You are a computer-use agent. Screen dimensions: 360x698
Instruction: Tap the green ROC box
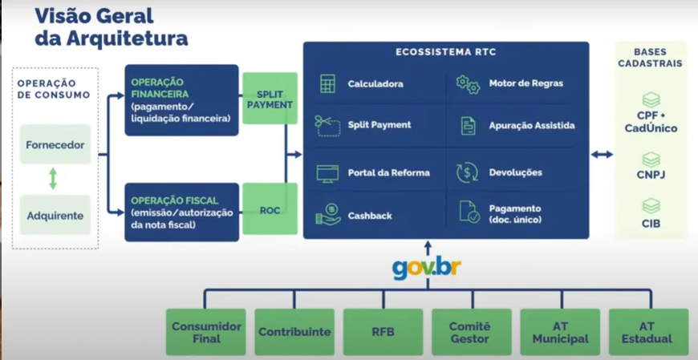tap(270, 211)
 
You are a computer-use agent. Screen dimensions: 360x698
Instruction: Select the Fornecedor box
tap(55, 145)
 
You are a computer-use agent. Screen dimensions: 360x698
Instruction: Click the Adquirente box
tap(55, 216)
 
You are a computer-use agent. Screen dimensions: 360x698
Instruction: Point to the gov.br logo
tap(427, 269)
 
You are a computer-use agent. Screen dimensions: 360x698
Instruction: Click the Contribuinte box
tap(294, 332)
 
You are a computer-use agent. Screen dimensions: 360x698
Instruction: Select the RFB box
tap(383, 332)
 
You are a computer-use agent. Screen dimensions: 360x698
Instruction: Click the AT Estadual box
tap(648, 332)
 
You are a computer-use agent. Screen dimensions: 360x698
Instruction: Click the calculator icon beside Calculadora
tap(327, 84)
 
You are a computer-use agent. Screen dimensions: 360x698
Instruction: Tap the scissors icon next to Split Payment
tap(327, 125)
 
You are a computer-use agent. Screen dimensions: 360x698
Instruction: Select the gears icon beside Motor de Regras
tap(468, 83)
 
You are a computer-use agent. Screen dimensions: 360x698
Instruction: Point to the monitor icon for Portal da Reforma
tap(327, 172)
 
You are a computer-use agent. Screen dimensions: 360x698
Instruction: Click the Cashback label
tap(368, 216)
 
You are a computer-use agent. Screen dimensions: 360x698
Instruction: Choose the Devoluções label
tap(515, 172)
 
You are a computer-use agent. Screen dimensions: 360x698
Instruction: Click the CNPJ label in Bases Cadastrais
tap(651, 175)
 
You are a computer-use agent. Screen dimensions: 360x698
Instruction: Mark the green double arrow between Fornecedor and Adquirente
tap(53, 179)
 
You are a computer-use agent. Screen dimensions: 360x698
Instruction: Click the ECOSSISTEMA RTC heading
tap(446, 52)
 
